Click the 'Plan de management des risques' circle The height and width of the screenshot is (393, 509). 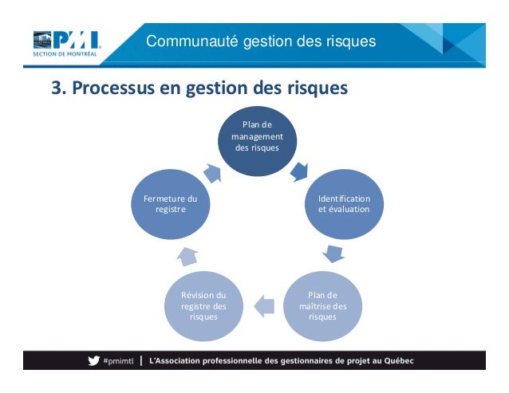pyautogui.click(x=257, y=140)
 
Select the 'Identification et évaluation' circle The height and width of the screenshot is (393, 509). pyautogui.click(x=343, y=202)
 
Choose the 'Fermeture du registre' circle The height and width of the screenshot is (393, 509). pyautogui.click(x=171, y=202)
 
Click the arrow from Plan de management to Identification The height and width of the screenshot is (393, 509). pyautogui.click(x=300, y=170)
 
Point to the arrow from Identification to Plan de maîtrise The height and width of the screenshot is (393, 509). pyautogui.click(x=334, y=254)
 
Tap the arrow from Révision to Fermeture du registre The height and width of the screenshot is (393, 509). pyautogui.click(x=186, y=255)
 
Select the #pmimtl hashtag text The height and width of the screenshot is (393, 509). pyautogui.click(x=119, y=360)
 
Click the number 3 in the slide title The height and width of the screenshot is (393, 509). pyautogui.click(x=57, y=88)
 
